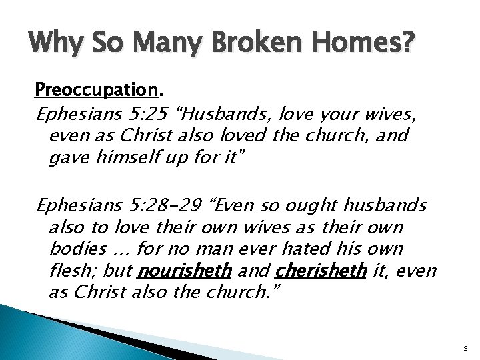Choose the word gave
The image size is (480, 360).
click(67, 158)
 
